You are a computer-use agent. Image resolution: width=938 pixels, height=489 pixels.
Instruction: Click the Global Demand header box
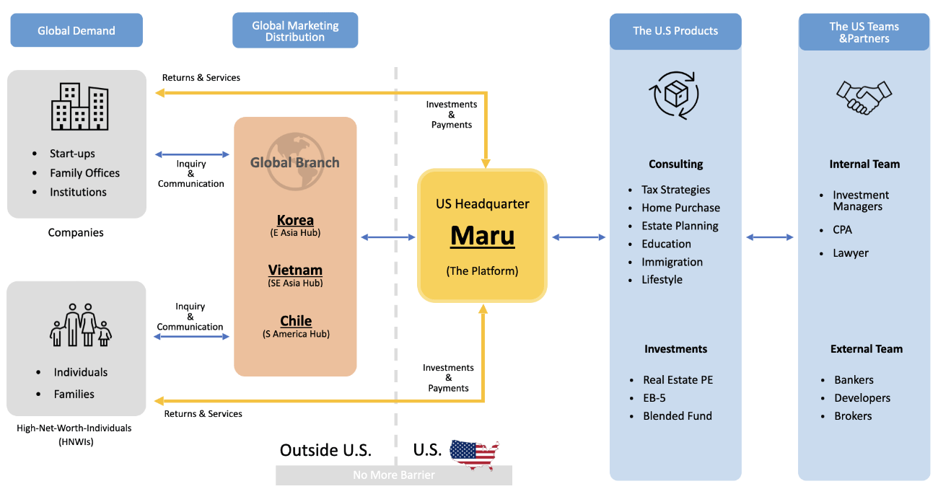coord(76,31)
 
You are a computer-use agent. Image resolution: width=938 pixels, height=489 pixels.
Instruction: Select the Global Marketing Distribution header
coord(294,31)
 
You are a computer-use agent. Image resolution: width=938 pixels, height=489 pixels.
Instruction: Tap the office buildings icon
coord(79,107)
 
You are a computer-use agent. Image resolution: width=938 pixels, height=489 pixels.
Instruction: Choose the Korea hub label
coord(295,220)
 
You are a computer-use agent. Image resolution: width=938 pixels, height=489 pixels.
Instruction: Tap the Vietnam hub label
coord(295,270)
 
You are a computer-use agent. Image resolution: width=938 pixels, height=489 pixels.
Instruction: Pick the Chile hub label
coord(296,321)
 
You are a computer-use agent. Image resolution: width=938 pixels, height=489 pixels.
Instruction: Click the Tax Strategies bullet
coord(675,190)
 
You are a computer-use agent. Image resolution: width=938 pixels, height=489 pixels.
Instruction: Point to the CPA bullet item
coord(842,230)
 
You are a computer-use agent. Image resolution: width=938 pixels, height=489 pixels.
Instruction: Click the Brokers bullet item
coord(853,416)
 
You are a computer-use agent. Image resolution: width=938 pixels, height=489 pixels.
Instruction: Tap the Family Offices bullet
coord(84,173)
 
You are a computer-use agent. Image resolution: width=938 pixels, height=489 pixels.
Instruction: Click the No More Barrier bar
coord(394,475)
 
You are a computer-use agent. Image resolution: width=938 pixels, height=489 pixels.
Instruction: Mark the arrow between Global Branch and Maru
coord(387,237)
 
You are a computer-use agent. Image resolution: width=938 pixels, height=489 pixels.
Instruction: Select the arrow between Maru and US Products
coord(579,237)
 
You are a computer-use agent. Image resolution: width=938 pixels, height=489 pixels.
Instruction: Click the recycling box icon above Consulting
coord(675,94)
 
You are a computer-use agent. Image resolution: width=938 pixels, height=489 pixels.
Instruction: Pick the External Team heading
coord(866,349)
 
